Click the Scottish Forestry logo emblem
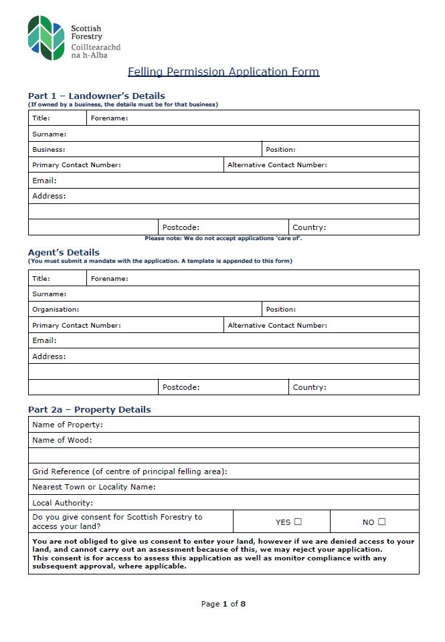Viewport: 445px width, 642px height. coord(46,38)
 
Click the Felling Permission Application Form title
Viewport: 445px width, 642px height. coord(224,72)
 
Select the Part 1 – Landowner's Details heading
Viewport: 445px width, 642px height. coord(96,96)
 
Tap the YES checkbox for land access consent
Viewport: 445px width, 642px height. coord(298,522)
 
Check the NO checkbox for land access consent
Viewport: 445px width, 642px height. coord(381,522)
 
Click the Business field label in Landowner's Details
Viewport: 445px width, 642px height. coord(49,150)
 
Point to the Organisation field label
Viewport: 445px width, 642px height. coord(56,310)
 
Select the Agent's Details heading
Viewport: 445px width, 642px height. coord(64,252)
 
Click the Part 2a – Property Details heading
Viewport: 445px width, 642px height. coord(90,409)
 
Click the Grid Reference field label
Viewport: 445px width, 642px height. coord(130,471)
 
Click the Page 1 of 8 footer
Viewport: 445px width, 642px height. coord(224,604)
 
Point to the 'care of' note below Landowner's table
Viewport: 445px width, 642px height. coord(224,238)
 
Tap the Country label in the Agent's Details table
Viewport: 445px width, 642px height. coord(309,387)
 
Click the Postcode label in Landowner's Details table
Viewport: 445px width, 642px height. coord(181,227)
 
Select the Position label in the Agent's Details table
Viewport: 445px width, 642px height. coord(280,310)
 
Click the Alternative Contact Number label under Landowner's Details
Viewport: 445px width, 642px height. coord(277,165)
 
